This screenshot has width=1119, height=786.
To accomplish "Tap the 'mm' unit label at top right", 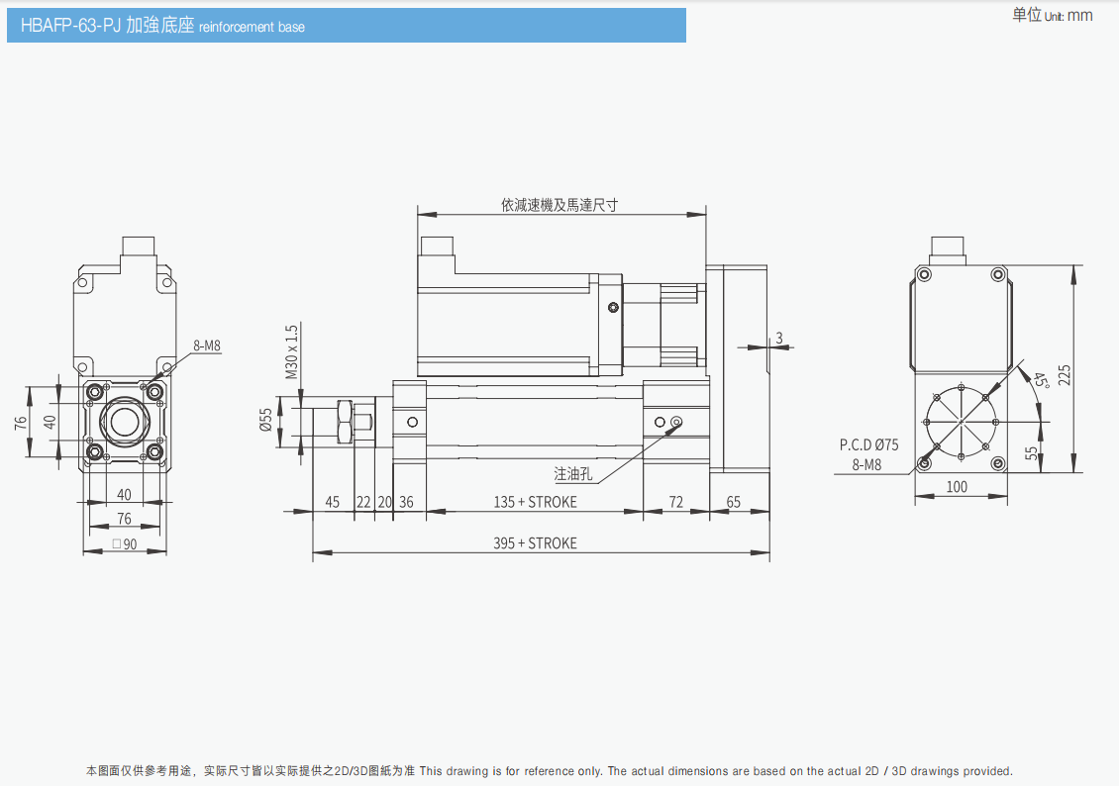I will [1080, 15].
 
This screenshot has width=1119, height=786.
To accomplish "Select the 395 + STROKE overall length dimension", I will [535, 542].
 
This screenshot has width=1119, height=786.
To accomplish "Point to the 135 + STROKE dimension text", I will [535, 502].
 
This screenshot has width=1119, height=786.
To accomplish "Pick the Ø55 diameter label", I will [266, 421].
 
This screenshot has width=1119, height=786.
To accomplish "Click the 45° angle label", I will [1039, 381].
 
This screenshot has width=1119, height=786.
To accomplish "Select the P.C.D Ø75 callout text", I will [868, 444].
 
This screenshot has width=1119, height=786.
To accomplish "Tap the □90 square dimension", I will [124, 543].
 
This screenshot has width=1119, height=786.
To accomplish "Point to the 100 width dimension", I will [957, 486].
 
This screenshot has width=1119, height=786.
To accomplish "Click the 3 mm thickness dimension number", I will [778, 338].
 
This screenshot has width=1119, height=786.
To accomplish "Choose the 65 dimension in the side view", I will [734, 502].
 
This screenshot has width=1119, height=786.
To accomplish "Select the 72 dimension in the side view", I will [675, 502].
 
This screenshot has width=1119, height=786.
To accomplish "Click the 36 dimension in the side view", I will [406, 502].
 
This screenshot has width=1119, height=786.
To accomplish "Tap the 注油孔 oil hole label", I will [572, 473].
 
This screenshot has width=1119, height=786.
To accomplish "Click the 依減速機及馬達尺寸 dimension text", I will [559, 205].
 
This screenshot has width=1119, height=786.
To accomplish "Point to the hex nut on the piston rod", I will [344, 423].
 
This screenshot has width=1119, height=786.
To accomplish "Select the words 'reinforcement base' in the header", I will [252, 27].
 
